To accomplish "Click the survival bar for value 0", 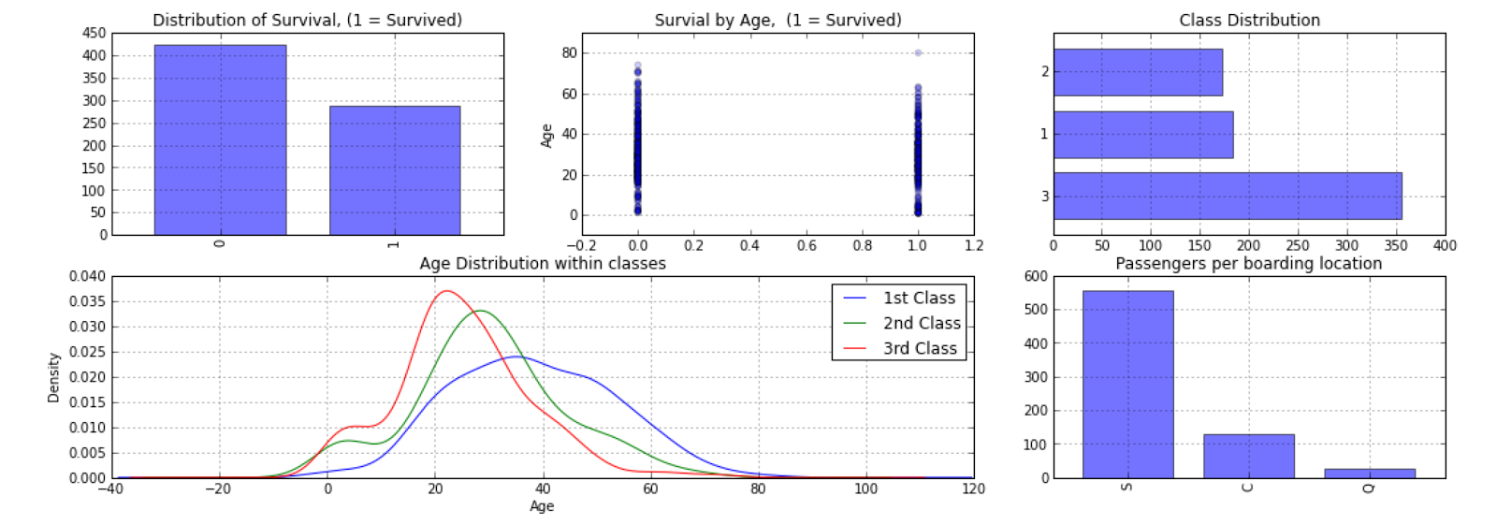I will point(220,140).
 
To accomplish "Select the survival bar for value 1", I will point(394,170).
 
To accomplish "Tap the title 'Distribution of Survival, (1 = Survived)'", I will point(307,20).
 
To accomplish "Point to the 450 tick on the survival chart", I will point(94,33).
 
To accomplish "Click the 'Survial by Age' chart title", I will point(778,20).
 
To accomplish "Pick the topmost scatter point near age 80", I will point(918,53).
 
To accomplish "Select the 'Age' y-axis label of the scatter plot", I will point(547,136).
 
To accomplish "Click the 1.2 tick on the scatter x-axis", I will point(973,245).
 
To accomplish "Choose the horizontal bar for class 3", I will point(1228,196).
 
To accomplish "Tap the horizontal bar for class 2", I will point(1138,72).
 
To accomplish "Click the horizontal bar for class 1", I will point(1143,135).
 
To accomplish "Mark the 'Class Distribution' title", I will point(1249,20).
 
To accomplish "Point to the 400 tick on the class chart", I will point(1445,245).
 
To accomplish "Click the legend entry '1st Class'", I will point(919,298).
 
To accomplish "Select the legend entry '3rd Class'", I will point(920,348).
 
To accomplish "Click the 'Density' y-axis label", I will point(53,377).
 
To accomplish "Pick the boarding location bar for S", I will point(1127,385).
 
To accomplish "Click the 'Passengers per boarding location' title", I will point(1248,264).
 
